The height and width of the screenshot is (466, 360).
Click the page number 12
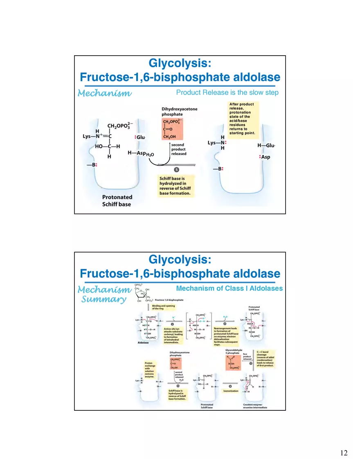click(x=344, y=453)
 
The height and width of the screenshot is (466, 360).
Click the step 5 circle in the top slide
click(x=176, y=169)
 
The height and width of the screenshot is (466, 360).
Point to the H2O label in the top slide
click(x=150, y=155)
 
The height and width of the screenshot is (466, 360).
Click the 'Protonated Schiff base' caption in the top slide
click(x=117, y=200)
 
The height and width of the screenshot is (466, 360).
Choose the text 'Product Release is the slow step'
click(x=227, y=92)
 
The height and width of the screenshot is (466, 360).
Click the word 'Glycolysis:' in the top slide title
click(x=180, y=63)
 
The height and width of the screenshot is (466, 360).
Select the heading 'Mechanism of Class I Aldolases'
click(x=229, y=288)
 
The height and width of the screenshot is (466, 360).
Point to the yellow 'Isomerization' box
click(x=230, y=391)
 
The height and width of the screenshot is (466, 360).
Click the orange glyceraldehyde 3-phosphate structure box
click(x=233, y=362)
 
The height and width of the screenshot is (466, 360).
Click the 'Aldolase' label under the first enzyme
click(x=143, y=342)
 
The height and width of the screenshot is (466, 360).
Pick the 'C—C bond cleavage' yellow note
click(x=265, y=358)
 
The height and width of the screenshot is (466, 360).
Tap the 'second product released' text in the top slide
click(x=179, y=149)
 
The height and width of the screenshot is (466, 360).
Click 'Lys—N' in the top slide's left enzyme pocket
click(x=92, y=136)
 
